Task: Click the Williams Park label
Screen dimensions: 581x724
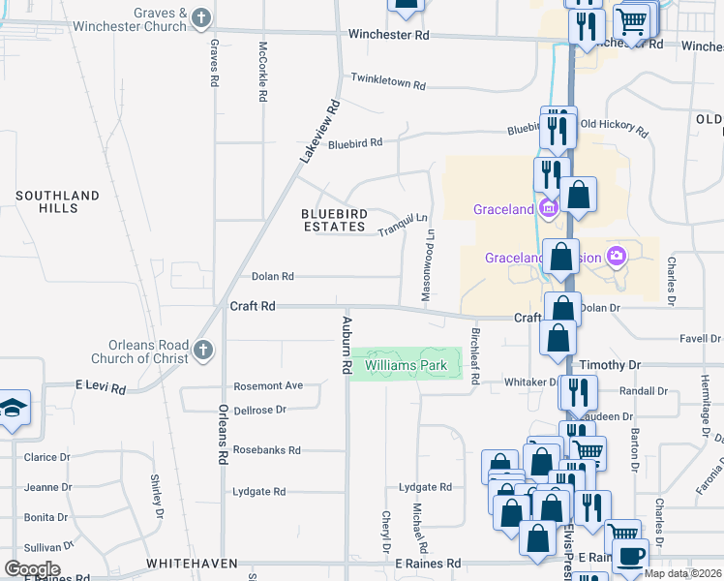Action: coord(406,365)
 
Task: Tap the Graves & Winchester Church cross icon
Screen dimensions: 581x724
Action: coord(201,17)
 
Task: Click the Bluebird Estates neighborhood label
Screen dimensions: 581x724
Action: coord(333,220)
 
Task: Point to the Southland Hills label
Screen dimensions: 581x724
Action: coord(57,201)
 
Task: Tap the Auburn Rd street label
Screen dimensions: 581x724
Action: coord(345,345)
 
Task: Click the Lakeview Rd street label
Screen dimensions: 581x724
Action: coord(320,129)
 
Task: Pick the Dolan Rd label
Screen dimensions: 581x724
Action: coord(272,277)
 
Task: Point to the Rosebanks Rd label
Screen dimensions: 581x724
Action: coord(267,450)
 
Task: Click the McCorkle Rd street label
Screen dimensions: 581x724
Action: coord(262,72)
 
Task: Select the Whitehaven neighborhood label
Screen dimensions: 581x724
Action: coord(192,563)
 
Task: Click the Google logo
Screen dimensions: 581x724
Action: coord(32,568)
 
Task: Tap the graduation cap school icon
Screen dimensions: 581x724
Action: coord(12,408)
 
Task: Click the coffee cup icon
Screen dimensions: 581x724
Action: coord(631,555)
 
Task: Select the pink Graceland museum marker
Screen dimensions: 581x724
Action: coord(549,208)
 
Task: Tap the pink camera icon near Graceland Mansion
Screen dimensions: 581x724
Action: coord(616,257)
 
